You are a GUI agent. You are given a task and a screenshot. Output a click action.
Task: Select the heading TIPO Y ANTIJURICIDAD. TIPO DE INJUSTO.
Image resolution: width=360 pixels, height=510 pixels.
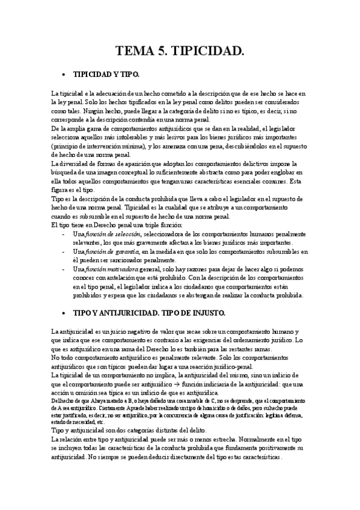click(x=149, y=314)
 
